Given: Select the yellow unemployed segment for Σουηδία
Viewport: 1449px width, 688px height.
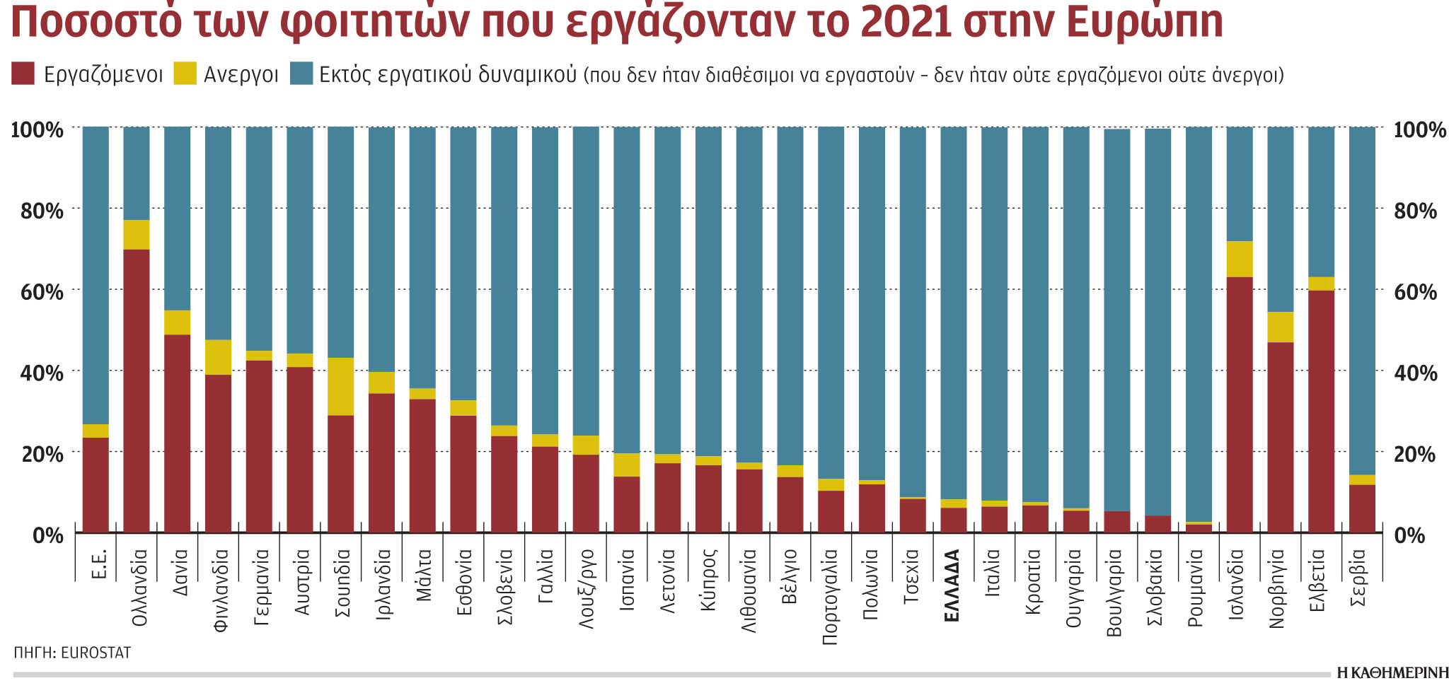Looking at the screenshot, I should (341, 386).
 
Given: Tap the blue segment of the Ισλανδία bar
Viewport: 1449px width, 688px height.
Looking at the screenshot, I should (1239, 184).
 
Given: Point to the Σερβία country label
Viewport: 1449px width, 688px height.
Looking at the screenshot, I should (1358, 578).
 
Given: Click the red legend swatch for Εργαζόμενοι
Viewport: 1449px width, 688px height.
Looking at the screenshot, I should (23, 74).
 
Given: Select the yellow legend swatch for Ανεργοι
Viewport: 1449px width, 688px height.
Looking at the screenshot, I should (185, 74).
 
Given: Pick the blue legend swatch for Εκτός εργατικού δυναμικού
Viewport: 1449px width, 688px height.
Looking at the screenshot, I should (301, 74).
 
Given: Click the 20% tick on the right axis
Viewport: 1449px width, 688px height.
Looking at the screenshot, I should (1414, 454).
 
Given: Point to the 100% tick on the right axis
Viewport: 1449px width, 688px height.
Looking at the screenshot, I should (1419, 129).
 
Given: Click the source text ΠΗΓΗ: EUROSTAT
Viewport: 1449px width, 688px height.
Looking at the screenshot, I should (72, 653).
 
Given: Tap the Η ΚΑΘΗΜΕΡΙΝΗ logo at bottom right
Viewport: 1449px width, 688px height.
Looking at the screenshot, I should (1392, 672).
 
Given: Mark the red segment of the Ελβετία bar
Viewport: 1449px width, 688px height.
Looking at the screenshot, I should (1321, 411).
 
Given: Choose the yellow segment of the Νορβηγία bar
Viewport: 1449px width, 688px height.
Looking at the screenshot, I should (1280, 327).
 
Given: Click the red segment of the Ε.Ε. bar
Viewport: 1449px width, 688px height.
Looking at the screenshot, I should (96, 484).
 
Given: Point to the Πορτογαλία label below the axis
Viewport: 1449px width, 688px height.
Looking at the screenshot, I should (831, 597).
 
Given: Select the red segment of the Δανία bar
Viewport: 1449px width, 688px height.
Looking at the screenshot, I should (178, 433).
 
